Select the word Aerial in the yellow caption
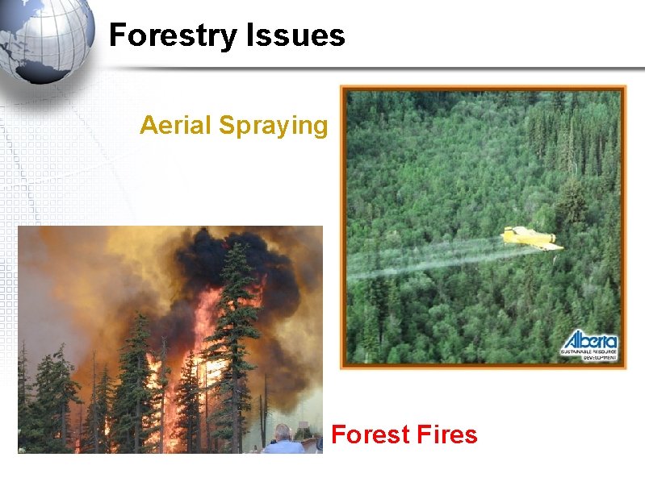coord(176,126)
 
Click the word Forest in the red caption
coord(371,435)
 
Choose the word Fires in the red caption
coord(446,435)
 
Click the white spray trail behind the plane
coord(428,258)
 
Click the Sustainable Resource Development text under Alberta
coord(590,354)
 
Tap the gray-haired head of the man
coord(283,433)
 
